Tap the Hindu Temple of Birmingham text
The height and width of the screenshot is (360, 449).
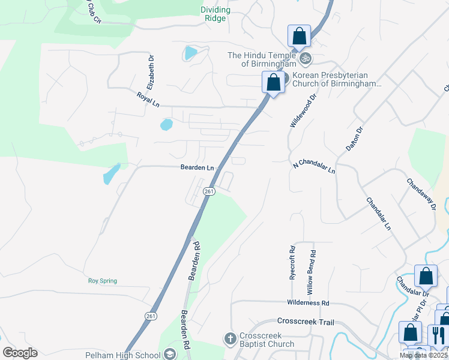click(x=261, y=60)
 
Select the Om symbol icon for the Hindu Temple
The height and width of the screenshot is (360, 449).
click(x=305, y=58)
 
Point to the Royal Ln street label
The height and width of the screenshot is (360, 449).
click(x=148, y=99)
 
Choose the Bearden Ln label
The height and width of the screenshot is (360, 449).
click(x=197, y=167)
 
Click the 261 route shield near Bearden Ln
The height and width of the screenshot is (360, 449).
click(x=208, y=191)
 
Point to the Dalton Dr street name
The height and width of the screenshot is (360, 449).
click(x=354, y=138)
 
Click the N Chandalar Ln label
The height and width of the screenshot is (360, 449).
click(x=314, y=167)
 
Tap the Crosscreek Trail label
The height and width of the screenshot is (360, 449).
click(x=305, y=322)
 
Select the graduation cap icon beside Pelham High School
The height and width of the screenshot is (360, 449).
click(x=170, y=355)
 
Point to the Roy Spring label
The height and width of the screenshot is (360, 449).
click(x=103, y=281)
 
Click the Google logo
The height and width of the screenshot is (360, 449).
click(x=20, y=353)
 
